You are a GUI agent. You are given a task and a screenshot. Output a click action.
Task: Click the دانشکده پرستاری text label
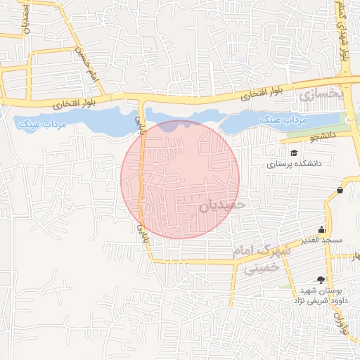tap(293, 163)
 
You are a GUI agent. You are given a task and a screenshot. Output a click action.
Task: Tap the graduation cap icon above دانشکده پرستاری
tap(293, 152)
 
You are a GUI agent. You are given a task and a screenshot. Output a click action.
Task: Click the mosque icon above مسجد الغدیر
tap(322, 229)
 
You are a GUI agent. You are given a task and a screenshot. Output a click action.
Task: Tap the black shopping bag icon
tap(340, 190)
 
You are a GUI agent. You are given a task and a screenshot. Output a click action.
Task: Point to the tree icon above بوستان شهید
tap(322, 279)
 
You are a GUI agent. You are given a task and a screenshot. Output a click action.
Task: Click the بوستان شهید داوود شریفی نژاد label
tap(321, 295)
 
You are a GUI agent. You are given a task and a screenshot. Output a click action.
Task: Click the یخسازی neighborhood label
tap(319, 94)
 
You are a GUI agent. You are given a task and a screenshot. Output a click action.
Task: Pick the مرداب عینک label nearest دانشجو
tap(284, 120)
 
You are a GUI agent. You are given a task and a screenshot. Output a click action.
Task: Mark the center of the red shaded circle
tap(180, 179)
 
